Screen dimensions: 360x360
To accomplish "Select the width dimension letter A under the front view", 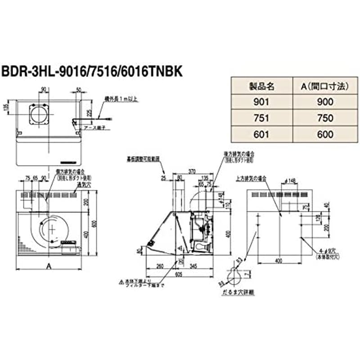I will (x=48, y=266).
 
